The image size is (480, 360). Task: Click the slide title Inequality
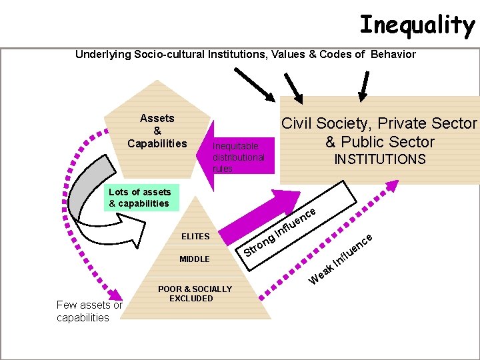[417, 25]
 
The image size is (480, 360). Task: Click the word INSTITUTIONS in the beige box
[379, 159]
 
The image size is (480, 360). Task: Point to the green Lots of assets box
[141, 197]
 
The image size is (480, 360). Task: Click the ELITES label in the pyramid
[195, 236]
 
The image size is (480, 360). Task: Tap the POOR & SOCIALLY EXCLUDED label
[195, 293]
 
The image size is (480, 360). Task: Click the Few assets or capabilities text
[89, 311]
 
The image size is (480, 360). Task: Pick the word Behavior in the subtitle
[393, 54]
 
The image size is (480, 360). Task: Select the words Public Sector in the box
[389, 141]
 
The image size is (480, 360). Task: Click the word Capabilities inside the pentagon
[157, 143]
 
